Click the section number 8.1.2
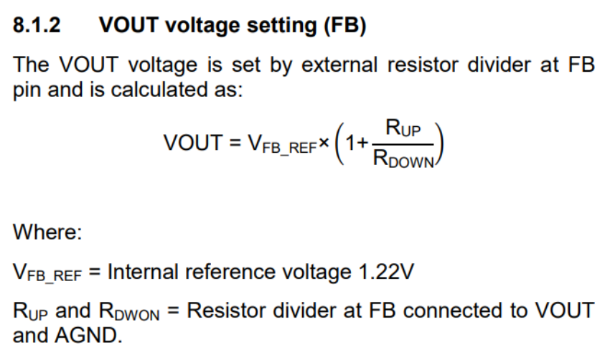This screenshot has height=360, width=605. pos(37,25)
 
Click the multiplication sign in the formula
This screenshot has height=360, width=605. pos(324,143)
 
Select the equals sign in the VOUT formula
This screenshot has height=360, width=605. pos(235,143)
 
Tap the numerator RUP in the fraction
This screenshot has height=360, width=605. pos(403,128)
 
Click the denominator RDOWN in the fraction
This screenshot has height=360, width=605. pos(403,158)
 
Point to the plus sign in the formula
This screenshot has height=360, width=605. pos(362,143)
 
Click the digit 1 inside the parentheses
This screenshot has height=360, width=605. pos(350,143)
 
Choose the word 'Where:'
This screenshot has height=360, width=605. pos(47,232)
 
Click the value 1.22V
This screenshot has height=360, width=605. pos(386,271)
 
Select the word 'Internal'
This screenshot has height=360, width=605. pos(143,271)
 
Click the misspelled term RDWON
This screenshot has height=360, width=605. pos(129,311)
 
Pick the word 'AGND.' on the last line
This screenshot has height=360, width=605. pos(89,335)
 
